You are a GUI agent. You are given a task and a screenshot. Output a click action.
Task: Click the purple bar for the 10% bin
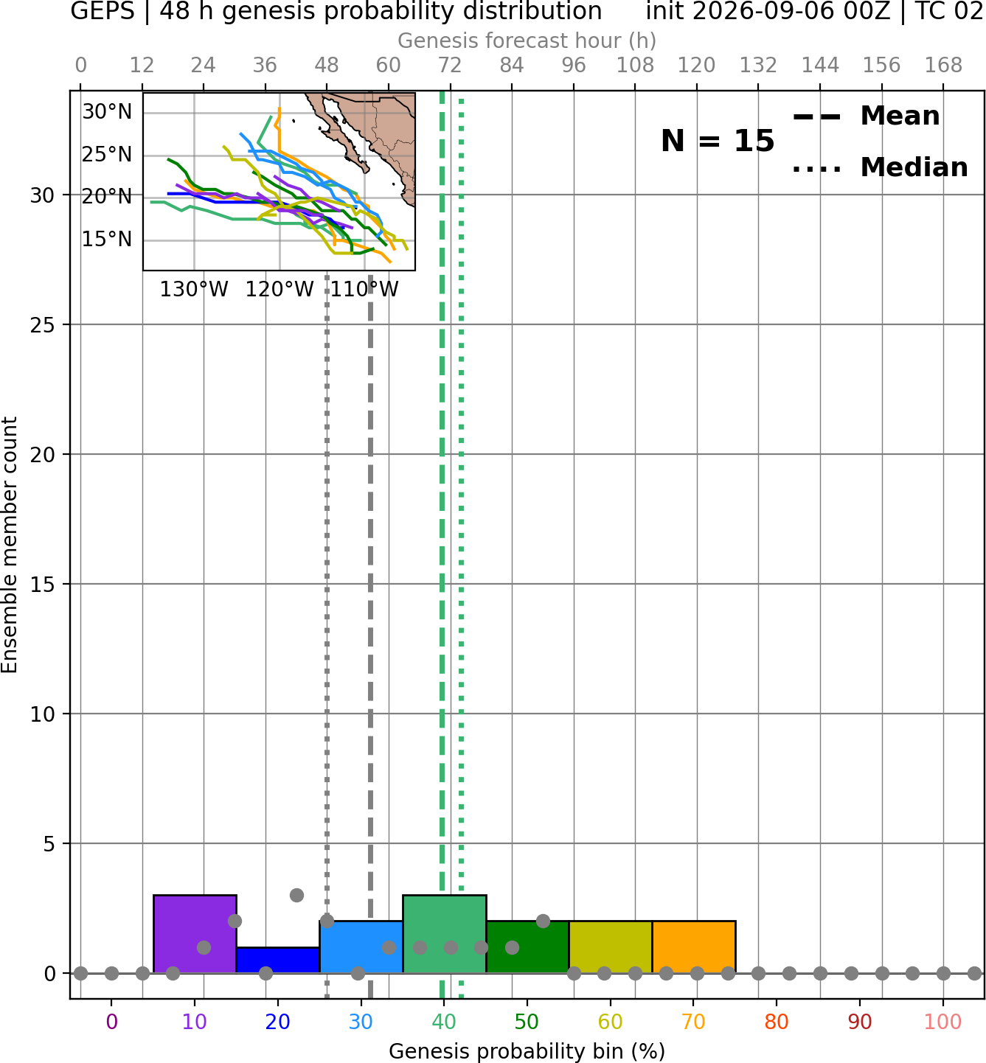click(x=195, y=933)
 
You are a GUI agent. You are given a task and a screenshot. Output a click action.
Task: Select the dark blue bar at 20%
click(x=278, y=960)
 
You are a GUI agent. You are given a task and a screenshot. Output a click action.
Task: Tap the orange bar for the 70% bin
click(x=693, y=947)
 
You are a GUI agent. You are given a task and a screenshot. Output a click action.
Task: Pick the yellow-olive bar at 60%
click(x=611, y=947)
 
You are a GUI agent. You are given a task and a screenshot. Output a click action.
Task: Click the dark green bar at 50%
click(x=527, y=947)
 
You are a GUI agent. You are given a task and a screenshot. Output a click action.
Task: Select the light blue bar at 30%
click(x=361, y=947)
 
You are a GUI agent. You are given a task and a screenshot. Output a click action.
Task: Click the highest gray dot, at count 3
click(x=296, y=895)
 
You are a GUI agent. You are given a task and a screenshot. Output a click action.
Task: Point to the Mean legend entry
click(x=866, y=116)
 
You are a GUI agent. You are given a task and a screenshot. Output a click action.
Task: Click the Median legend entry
click(x=880, y=167)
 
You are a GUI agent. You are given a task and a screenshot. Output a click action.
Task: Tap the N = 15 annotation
click(x=718, y=141)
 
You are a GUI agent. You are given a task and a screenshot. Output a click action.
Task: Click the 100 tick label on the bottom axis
click(x=942, y=1022)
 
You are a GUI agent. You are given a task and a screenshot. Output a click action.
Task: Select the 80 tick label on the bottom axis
click(x=777, y=1022)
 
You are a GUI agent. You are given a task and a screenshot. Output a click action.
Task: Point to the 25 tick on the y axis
click(x=42, y=325)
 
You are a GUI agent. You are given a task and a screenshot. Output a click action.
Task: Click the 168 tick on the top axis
click(x=944, y=66)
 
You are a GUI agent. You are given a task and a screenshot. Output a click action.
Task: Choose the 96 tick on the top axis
click(x=574, y=66)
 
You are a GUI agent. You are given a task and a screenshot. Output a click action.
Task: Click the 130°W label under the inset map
click(x=194, y=290)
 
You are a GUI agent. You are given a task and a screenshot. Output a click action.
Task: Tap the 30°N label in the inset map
click(x=107, y=112)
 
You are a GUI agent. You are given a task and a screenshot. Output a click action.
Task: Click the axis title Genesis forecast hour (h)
click(x=527, y=41)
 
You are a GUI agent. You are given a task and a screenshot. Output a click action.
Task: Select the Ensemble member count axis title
click(x=9, y=545)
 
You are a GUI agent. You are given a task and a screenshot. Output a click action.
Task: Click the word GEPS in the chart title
click(x=103, y=11)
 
